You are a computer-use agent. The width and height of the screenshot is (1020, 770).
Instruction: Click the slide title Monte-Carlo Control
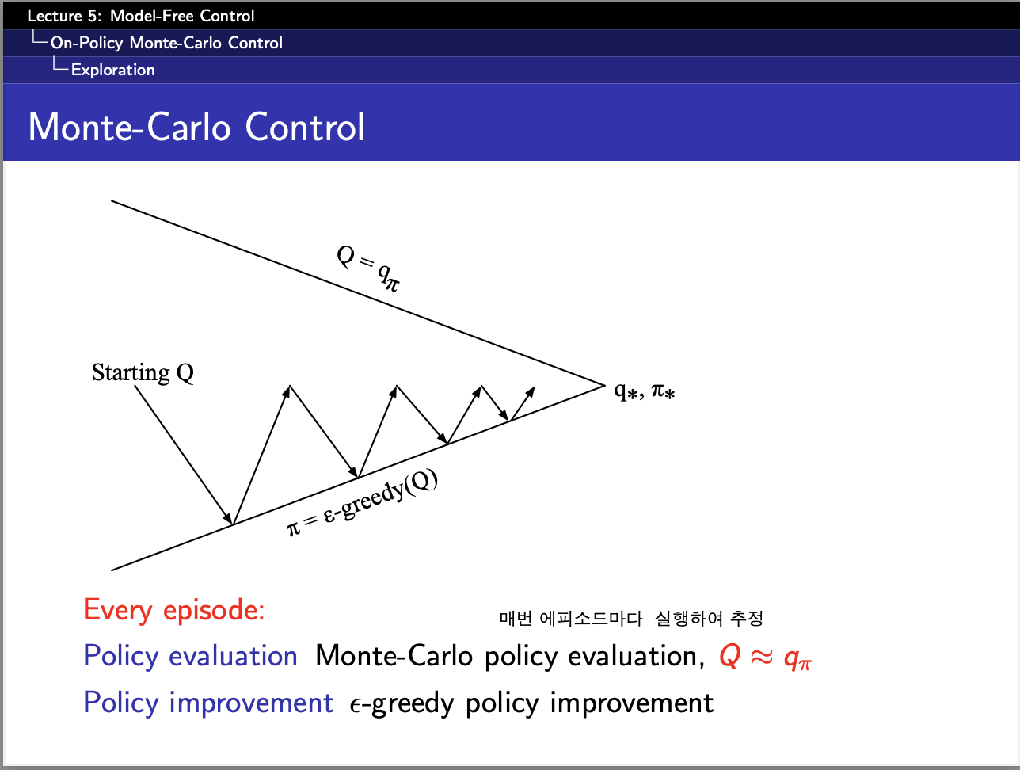196,127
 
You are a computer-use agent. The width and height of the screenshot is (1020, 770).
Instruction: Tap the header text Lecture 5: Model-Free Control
141,16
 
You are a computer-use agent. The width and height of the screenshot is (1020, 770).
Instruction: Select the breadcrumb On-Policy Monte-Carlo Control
166,43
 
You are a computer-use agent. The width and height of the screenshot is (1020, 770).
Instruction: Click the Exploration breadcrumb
113,70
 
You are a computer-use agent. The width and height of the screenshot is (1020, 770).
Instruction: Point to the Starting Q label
143,372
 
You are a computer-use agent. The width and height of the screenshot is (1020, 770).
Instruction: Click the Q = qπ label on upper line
368,269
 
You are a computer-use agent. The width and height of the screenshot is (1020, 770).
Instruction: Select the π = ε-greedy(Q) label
363,503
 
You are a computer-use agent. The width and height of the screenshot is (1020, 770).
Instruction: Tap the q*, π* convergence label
645,391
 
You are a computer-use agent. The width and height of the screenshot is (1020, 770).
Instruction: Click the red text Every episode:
173,610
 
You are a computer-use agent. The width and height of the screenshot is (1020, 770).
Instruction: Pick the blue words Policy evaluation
191,656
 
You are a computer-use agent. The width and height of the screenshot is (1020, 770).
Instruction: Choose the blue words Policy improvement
208,703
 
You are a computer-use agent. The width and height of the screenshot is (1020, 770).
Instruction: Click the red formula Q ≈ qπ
765,658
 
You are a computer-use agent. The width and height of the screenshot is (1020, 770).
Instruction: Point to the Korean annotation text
631,619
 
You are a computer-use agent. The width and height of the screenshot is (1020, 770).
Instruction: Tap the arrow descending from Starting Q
184,455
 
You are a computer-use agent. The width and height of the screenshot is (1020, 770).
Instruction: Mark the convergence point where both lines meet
604,385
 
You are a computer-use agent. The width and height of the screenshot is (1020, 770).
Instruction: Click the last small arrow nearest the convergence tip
523,403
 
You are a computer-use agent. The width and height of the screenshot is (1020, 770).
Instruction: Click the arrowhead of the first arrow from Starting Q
228,518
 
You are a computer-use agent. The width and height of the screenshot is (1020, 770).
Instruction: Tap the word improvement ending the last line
632,703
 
